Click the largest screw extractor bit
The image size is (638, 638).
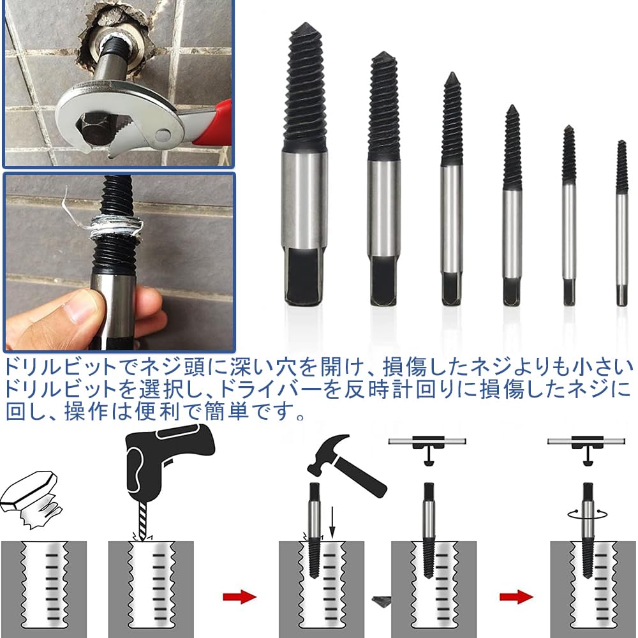point(304,166)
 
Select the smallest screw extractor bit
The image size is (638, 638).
point(621,223)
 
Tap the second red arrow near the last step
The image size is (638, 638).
point(516,597)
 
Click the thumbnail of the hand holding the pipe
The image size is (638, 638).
point(119,262)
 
